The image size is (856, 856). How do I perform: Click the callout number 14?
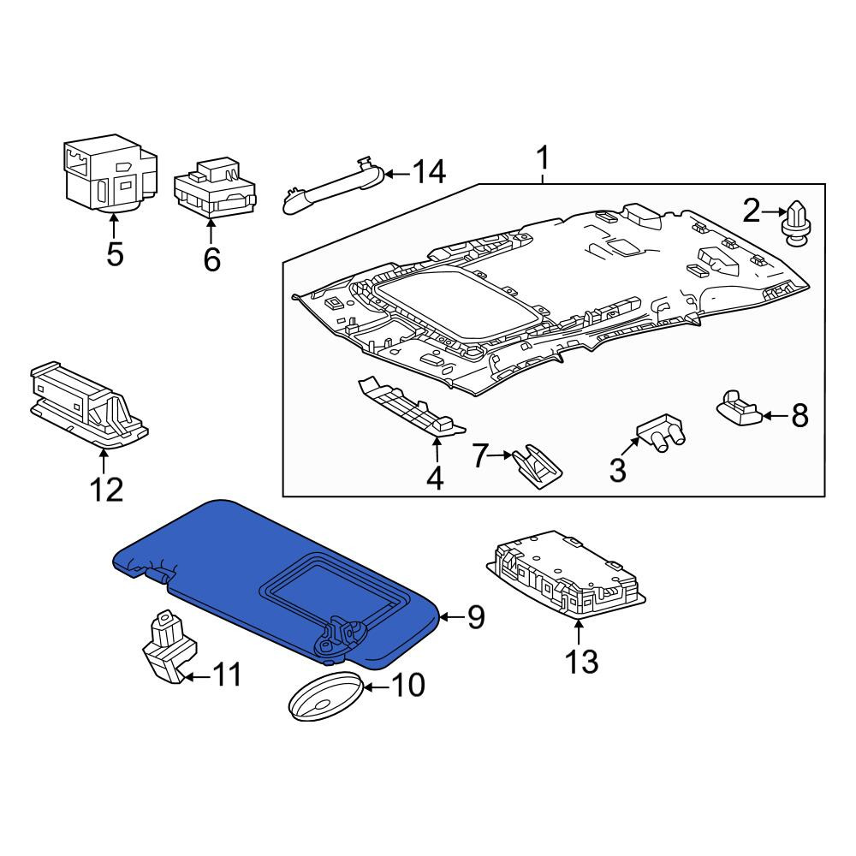pos(429,173)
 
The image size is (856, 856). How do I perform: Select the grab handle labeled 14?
pos(334,187)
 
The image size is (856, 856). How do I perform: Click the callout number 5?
pos(115,254)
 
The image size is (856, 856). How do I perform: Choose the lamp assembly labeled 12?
pos(88,405)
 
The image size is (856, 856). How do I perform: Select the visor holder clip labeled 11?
pos(169,647)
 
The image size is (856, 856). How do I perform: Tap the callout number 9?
pos(475,617)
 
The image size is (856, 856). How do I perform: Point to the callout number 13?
pos(581,662)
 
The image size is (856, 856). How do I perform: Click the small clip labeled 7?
pos(538,467)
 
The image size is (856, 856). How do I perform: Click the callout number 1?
pos(543,158)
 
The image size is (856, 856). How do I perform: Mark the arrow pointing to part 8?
pos(775,416)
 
